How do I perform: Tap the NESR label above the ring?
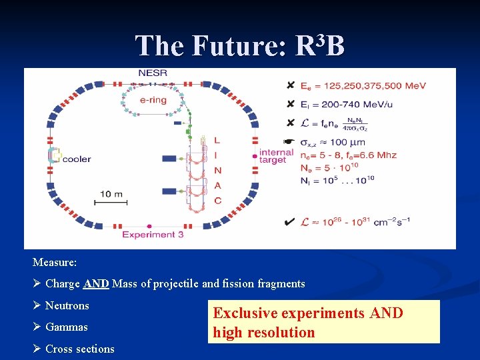pyautogui.click(x=153, y=73)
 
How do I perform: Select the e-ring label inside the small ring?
pyautogui.click(x=153, y=101)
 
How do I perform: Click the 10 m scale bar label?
pyautogui.click(x=111, y=193)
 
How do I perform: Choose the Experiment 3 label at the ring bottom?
pyautogui.click(x=153, y=234)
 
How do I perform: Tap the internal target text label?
pyautogui.click(x=276, y=156)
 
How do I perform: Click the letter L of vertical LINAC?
pyautogui.click(x=217, y=140)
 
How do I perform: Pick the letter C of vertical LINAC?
pyautogui.click(x=217, y=200)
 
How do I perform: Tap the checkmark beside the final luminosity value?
pyautogui.click(x=289, y=221)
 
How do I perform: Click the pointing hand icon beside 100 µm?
pyautogui.click(x=289, y=142)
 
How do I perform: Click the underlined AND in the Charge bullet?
pyautogui.click(x=96, y=284)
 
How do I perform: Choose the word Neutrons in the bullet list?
pyautogui.click(x=67, y=306)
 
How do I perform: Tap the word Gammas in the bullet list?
pyautogui.click(x=66, y=327)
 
